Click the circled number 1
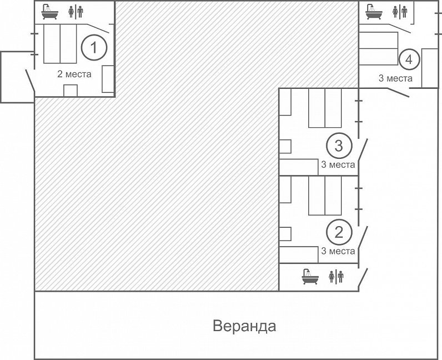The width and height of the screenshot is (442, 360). [94, 47]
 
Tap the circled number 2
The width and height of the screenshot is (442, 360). [339, 232]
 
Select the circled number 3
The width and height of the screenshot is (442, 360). [339, 146]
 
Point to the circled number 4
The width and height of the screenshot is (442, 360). [409, 59]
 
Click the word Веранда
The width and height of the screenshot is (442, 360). [244, 326]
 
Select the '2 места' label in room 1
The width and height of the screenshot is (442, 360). [74, 74]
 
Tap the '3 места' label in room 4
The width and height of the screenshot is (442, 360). [395, 78]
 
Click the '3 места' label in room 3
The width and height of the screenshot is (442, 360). [338, 164]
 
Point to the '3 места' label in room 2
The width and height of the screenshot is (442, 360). [338, 251]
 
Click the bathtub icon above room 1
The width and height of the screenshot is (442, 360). [50, 12]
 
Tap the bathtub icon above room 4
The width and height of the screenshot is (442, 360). [374, 12]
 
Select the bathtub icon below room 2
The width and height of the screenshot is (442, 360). [310, 277]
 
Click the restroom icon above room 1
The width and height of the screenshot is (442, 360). [76, 12]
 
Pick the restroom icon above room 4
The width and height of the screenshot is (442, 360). [400, 12]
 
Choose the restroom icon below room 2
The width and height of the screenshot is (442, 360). [336, 277]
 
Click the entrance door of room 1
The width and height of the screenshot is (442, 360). [30, 80]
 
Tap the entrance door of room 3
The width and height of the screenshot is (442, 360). [363, 154]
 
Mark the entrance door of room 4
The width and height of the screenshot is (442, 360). [398, 93]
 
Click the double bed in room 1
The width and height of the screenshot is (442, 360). [60, 44]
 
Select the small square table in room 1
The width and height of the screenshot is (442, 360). [71, 91]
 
